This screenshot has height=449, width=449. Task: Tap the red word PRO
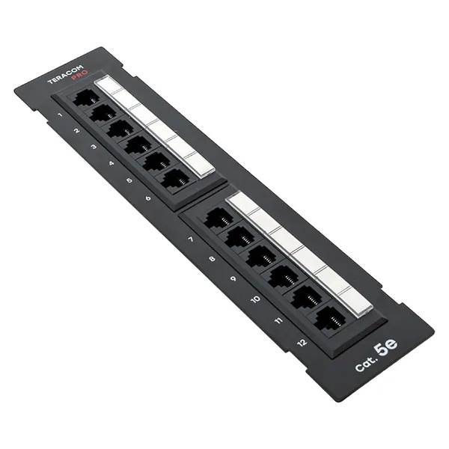[x=80, y=82]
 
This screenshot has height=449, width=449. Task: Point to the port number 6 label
[x=147, y=198]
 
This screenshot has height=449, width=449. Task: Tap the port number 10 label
[x=255, y=299]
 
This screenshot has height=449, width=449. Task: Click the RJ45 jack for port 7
[x=219, y=219]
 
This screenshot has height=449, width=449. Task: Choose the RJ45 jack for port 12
[x=329, y=319]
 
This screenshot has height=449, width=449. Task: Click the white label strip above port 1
[x=109, y=84]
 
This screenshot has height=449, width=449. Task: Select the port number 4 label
[x=111, y=164]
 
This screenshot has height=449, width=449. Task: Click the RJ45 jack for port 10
[x=283, y=277]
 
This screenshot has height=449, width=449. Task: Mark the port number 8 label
[x=212, y=259]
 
